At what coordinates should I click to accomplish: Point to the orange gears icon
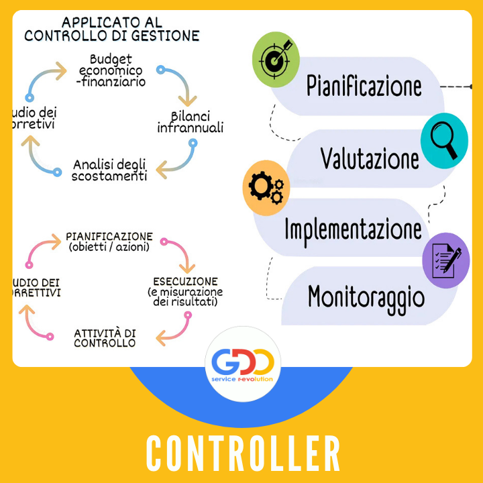coord(266,188)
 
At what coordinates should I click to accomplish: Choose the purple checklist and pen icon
coord(446,260)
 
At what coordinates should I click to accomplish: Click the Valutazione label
coord(369,159)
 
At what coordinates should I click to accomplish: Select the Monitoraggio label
coord(366,296)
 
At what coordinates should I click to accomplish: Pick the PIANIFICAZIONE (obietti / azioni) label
coord(109,242)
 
